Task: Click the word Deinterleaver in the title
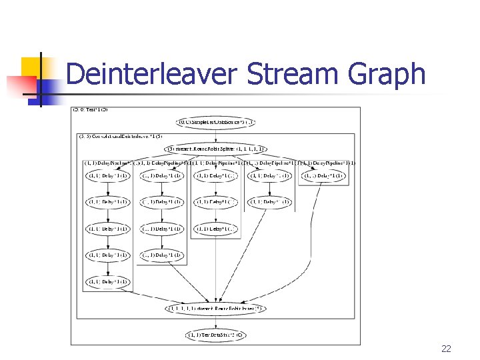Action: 151,74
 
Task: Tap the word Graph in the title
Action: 385,74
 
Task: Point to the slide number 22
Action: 446,349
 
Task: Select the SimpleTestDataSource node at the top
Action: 215,122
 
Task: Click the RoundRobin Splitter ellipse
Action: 215,149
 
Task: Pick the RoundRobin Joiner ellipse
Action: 215,309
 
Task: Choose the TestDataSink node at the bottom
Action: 215,335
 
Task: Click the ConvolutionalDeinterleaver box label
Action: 121,136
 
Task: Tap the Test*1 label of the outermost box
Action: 90,109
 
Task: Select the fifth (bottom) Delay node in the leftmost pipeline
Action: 107,281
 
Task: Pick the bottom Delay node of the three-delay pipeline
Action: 215,229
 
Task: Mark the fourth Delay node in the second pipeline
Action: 161,255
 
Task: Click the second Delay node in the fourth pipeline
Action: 269,202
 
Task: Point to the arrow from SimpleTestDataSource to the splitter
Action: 215,135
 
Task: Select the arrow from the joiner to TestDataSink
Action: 215,322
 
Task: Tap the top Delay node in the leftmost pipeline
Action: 107,176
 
